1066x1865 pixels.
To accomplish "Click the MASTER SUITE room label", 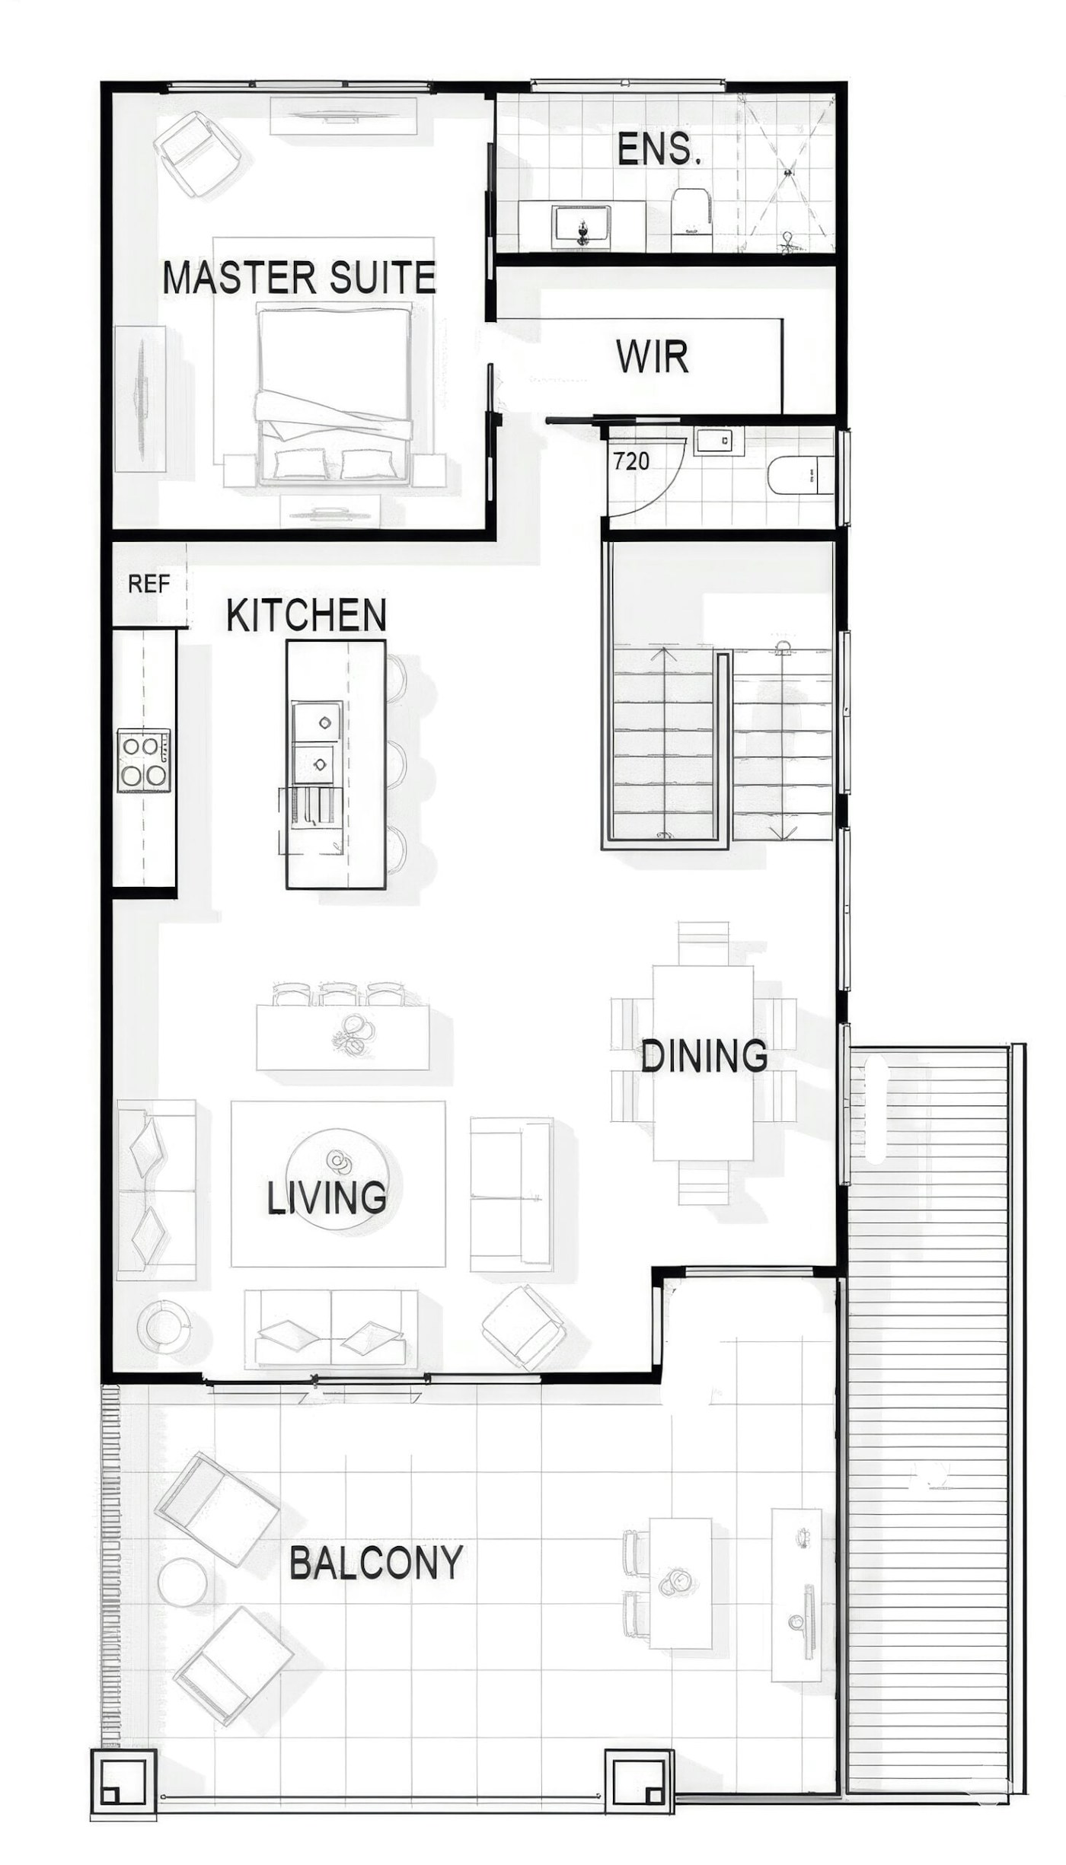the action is click(x=299, y=278).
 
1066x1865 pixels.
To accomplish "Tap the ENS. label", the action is click(x=659, y=149).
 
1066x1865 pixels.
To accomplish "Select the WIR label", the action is click(x=653, y=356).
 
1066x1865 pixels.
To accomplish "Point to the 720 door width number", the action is click(x=631, y=461).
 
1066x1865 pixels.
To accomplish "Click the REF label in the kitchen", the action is click(x=148, y=584).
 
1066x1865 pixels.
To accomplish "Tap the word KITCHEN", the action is click(x=307, y=615).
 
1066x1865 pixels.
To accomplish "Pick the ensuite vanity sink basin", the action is click(x=582, y=225).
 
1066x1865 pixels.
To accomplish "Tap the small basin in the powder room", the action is click(x=718, y=440).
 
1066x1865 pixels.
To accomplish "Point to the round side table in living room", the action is click(x=163, y=1325).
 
